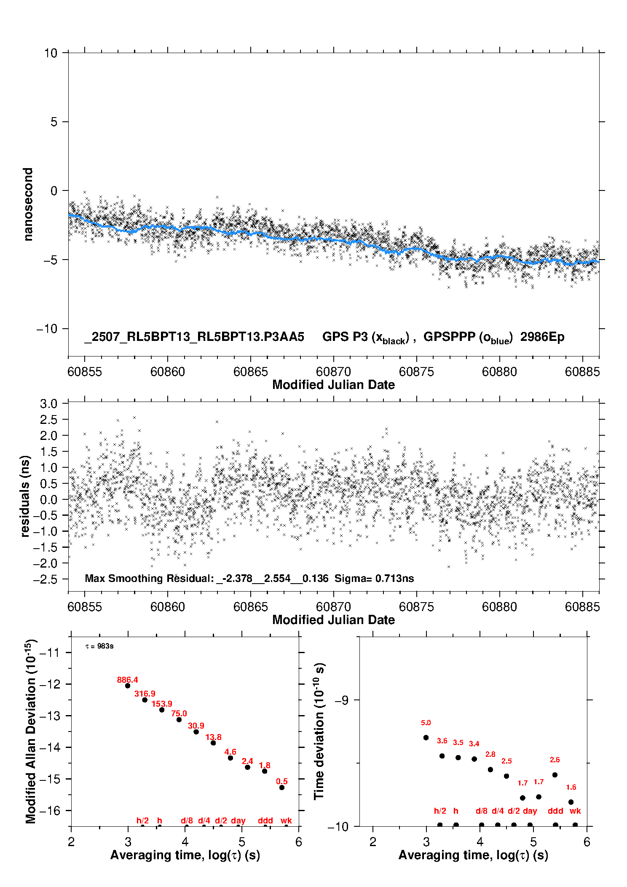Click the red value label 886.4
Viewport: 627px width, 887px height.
(x=127, y=680)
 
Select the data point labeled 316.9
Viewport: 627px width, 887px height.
(x=145, y=700)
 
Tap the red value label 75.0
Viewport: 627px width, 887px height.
(x=179, y=713)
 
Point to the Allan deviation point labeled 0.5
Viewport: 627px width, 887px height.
(x=282, y=788)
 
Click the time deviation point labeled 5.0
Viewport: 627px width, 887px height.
(x=426, y=737)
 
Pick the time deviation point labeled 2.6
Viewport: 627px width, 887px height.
(x=555, y=775)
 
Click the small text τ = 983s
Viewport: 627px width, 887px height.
(x=99, y=646)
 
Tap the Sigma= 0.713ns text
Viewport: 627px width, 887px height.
(x=374, y=578)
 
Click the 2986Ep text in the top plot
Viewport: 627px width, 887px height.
(x=542, y=337)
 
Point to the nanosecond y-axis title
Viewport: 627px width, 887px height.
(x=28, y=204)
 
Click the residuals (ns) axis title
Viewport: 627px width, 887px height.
(x=25, y=496)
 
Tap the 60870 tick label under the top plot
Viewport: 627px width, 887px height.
(x=333, y=372)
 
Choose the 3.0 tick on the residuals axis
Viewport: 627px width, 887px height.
(x=48, y=404)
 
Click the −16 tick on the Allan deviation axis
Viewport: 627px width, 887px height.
(x=50, y=810)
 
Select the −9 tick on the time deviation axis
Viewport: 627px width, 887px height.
(x=342, y=700)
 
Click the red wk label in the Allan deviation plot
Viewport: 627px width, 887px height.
(x=286, y=820)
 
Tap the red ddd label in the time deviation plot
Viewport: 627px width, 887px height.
(x=555, y=811)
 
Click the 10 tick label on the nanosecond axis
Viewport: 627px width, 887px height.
(x=51, y=53)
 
